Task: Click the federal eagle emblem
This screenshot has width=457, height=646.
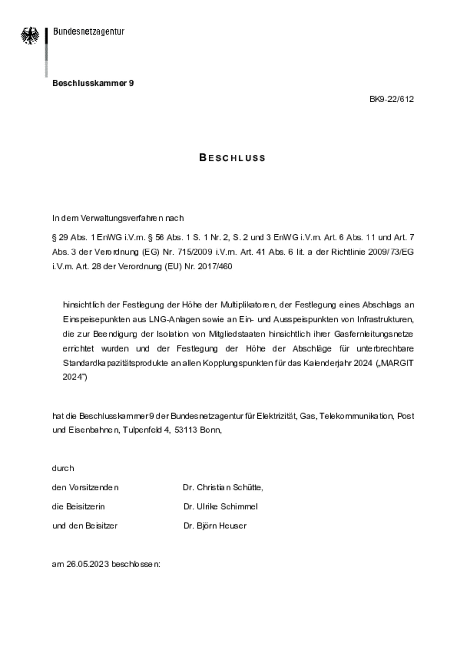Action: (x=30, y=35)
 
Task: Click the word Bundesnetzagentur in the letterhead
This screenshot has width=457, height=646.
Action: (x=89, y=31)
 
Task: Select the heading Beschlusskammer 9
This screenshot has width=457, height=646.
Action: (x=93, y=83)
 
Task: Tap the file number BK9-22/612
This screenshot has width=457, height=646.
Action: (x=391, y=99)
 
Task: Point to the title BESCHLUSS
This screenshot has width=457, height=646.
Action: (x=232, y=158)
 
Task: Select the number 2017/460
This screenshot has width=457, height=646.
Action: (x=215, y=267)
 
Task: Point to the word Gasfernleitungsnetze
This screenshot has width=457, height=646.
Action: (x=374, y=334)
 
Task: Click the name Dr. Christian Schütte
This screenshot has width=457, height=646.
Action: (x=223, y=488)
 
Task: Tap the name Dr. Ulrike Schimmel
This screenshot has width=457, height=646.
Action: (x=221, y=507)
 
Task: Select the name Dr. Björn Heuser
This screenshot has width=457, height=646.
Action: (x=215, y=526)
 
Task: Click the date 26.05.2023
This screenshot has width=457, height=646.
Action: (x=88, y=564)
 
